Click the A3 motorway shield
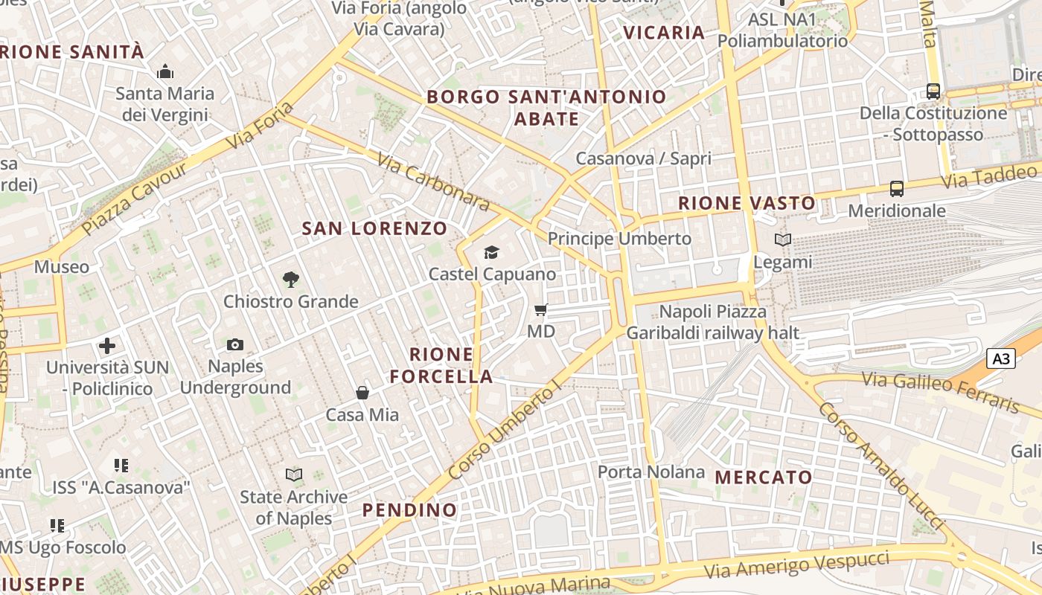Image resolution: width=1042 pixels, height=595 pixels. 1002,359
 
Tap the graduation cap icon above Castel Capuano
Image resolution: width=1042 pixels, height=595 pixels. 491,253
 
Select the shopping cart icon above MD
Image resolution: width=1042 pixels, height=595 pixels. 541,309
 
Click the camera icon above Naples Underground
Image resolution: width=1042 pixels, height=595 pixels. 235,344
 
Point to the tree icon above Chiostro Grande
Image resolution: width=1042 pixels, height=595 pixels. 291,280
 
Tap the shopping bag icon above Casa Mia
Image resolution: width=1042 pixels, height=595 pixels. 362,393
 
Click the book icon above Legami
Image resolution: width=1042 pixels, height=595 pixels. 782,240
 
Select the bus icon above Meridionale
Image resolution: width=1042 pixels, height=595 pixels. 897,189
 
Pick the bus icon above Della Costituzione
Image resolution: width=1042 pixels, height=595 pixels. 933,91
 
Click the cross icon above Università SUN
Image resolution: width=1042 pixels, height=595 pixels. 107,346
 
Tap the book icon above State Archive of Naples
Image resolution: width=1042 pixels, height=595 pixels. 294,475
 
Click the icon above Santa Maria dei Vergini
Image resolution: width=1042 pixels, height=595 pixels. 164,72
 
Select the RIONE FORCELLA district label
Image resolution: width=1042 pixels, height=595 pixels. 441,365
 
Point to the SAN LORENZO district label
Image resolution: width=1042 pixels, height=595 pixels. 374,228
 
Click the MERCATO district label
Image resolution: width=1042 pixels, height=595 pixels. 764,477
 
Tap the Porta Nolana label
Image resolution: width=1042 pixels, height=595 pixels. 651,472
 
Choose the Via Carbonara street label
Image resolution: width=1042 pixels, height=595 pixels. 432,182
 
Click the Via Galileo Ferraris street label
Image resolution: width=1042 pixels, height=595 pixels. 941,392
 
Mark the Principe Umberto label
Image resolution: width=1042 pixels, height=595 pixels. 620,239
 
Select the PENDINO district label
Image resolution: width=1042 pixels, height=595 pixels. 409,510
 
